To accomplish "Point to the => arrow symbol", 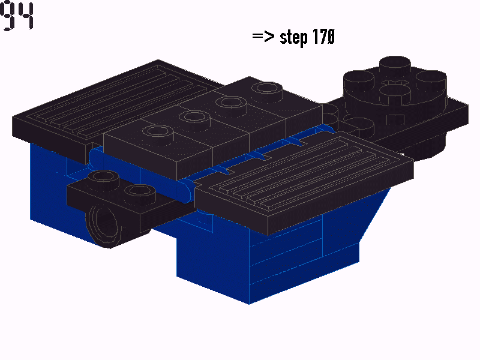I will tap(263, 37).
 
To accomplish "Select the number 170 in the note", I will tap(323, 37).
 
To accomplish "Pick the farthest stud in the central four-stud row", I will tap(267, 90).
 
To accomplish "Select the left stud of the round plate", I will tap(357, 78).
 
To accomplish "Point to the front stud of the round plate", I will tap(395, 91).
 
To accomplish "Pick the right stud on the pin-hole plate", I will tap(139, 191).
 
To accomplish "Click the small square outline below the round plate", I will tap(394, 119).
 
